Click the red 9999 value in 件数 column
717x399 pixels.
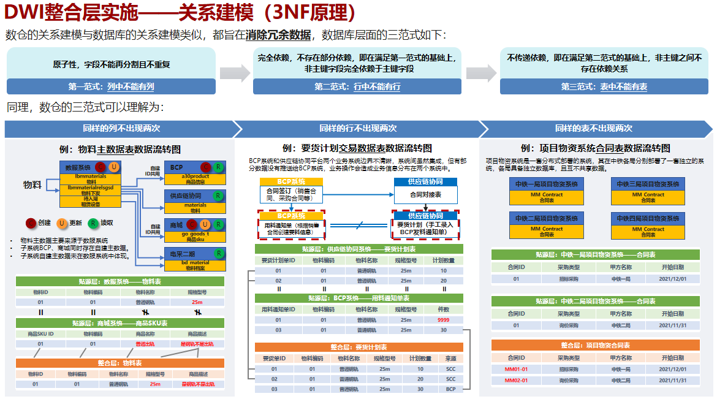tap(444, 320)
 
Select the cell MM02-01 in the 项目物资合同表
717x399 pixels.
tap(515, 381)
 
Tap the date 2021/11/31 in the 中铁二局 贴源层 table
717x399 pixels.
tap(673, 325)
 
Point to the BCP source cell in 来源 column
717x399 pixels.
tap(450, 389)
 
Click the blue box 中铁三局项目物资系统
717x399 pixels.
tap(648, 184)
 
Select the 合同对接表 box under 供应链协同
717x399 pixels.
tap(425, 194)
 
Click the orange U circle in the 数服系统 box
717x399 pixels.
tap(113, 167)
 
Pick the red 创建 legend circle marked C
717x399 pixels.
tap(30, 224)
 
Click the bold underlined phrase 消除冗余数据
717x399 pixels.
tap(278, 34)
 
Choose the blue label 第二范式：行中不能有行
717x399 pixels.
tap(357, 86)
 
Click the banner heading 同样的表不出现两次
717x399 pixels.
tap(593, 129)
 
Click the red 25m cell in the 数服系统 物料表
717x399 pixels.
tap(197, 302)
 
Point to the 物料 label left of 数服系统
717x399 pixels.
tap(32, 184)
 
